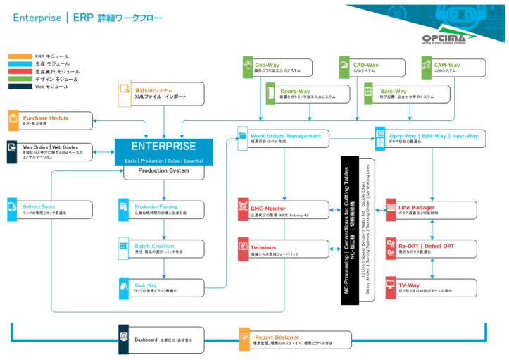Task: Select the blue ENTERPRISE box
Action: click(163, 151)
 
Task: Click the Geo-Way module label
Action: click(268, 65)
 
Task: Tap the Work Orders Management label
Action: click(286, 135)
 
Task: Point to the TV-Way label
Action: click(409, 285)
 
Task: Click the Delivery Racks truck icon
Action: click(13, 207)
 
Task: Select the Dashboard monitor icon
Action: click(125, 339)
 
